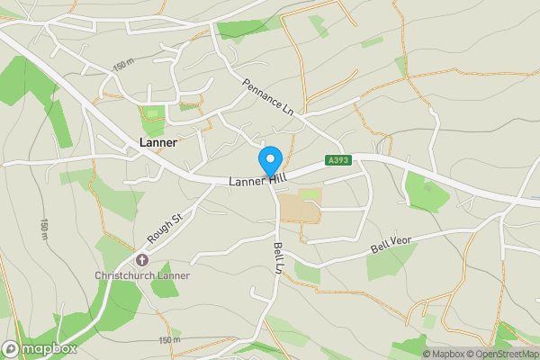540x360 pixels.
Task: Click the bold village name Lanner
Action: click(158, 142)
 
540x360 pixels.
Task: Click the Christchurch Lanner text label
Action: click(142, 274)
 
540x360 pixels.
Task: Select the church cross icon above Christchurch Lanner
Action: click(142, 259)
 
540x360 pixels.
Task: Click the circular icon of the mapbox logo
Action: click(12, 348)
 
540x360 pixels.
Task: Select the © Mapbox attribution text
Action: click(444, 354)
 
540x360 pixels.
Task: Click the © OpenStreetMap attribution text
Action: click(502, 354)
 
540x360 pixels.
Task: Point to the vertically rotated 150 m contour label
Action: click(44, 229)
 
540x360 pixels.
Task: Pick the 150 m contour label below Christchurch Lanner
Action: click(169, 339)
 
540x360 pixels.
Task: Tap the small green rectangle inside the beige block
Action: click(310, 193)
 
